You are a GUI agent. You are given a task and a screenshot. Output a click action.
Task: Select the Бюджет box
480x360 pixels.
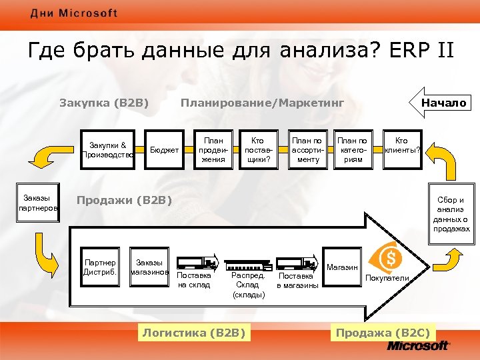tap(164, 150)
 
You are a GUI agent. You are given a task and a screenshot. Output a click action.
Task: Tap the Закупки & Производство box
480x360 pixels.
tap(109, 150)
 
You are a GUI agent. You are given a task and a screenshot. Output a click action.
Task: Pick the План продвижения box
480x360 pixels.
tap(213, 150)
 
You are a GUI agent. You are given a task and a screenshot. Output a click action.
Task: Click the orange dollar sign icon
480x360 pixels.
tap(391, 257)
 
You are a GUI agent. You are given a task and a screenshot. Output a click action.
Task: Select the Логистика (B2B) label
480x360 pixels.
tap(194, 332)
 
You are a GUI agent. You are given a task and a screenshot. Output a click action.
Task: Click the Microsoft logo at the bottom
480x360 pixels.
tap(419, 346)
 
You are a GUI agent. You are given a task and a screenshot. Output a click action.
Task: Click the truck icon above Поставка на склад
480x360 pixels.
tap(197, 262)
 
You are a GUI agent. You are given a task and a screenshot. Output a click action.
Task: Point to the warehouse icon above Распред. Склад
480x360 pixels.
tap(248, 263)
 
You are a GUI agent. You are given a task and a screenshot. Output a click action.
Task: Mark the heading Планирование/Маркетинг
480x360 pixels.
tap(262, 103)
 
